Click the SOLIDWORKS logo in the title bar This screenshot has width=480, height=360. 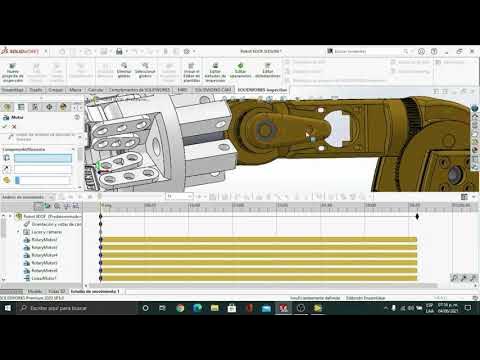coord(21,49)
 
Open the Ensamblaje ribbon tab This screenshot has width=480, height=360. coord(12,89)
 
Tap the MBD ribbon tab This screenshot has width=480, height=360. coord(182,89)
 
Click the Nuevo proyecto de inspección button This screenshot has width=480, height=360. coord(13,70)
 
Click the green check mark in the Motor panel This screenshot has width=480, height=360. coord(6,125)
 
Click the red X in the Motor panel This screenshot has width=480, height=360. coord(15,125)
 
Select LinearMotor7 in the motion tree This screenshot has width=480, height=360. coord(44,277)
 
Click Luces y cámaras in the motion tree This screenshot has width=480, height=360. coord(46,231)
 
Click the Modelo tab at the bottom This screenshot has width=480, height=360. coord(35,291)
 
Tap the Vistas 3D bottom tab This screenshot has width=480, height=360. coord(57,291)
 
